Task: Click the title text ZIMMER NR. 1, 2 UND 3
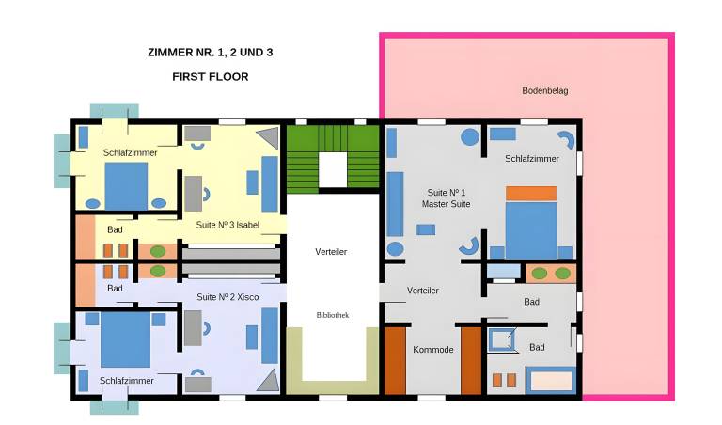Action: tap(211, 53)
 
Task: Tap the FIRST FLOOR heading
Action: tap(211, 77)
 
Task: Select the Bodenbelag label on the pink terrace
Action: tap(544, 90)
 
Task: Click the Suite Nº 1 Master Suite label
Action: tap(446, 198)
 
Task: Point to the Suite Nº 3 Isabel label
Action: tap(228, 225)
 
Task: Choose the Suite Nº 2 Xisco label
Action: tap(228, 297)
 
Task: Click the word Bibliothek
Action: tap(333, 315)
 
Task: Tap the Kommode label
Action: tap(432, 350)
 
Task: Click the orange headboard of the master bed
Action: tap(531, 194)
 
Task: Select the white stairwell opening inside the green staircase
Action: tap(333, 170)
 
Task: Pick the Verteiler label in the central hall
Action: tap(331, 251)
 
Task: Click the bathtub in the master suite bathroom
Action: tap(551, 380)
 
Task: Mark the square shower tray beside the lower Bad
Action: tap(501, 339)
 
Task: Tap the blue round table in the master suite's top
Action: tap(470, 136)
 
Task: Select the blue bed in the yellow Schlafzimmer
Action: tap(126, 186)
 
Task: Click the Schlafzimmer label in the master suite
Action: tap(532, 158)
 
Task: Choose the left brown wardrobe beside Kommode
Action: tap(395, 360)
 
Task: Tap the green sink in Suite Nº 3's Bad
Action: tap(158, 251)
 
